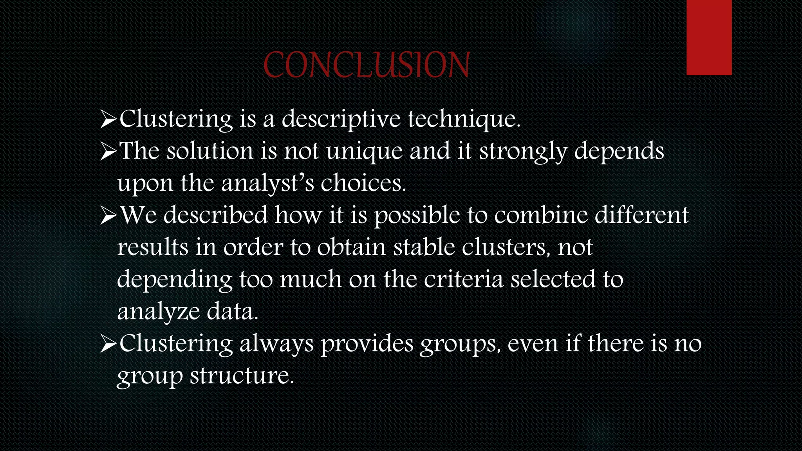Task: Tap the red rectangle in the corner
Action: coord(709,37)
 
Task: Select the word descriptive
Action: coord(341,119)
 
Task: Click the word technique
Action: coord(464,119)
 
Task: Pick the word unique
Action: coord(364,152)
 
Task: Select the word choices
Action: coord(363,183)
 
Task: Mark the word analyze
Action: coord(159,312)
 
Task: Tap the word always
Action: coord(276,344)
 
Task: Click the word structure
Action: coord(242,376)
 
